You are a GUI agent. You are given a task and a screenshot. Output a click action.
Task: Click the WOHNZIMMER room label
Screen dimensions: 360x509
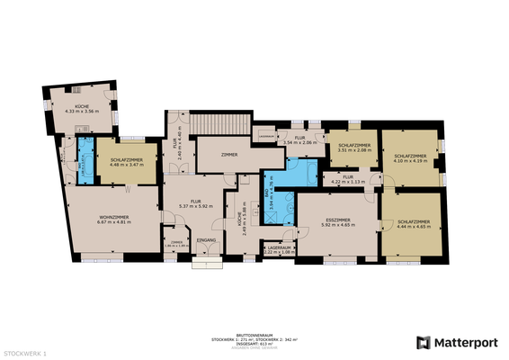(x=114, y=217)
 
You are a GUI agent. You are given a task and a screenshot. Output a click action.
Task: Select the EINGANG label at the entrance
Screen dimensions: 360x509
(x=207, y=240)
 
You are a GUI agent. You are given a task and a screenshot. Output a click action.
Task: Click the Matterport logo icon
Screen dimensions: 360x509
(x=423, y=342)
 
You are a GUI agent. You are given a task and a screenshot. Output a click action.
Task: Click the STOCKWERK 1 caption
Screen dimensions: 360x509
(x=25, y=354)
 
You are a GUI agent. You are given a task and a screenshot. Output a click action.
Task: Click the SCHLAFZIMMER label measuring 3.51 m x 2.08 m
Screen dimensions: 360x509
(x=349, y=145)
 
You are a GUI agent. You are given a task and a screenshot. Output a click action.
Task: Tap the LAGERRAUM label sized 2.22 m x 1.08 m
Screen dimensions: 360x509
(x=280, y=247)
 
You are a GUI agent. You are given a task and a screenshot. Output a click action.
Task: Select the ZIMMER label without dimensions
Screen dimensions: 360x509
(x=228, y=156)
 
